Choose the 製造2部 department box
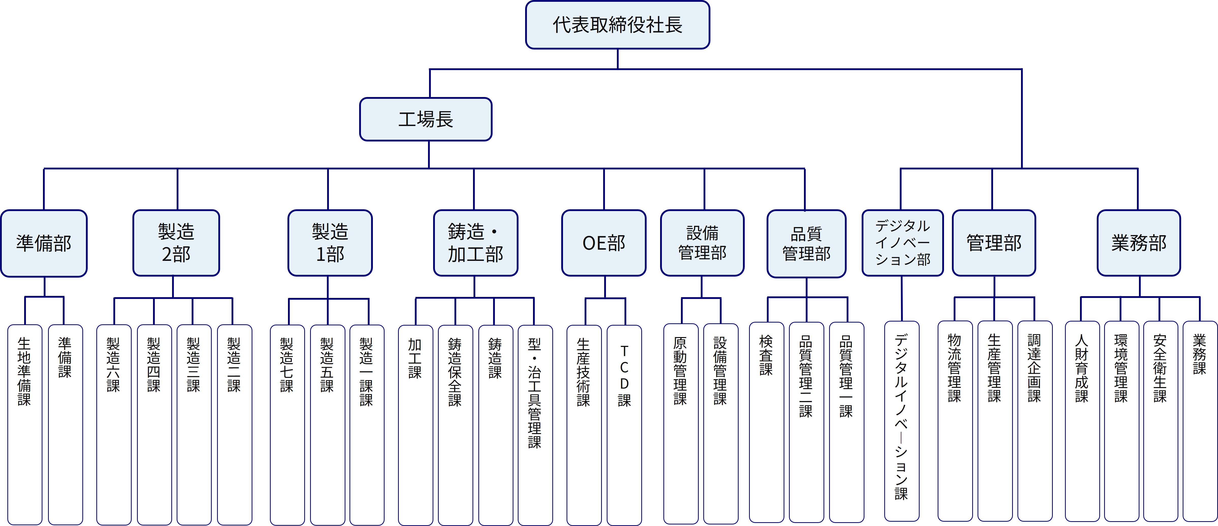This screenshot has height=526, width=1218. coord(176,243)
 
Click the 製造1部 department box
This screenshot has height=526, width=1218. coord(330,243)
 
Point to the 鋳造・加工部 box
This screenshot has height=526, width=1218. coord(476,243)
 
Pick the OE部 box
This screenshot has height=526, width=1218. coord(604,243)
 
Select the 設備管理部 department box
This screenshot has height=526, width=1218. coord(702,243)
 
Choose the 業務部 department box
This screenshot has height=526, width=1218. coord(1138,243)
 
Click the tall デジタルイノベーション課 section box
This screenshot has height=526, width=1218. coord(901,421)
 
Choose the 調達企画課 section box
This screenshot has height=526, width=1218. coord(1034,421)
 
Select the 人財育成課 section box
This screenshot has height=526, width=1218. coord(1082,421)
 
